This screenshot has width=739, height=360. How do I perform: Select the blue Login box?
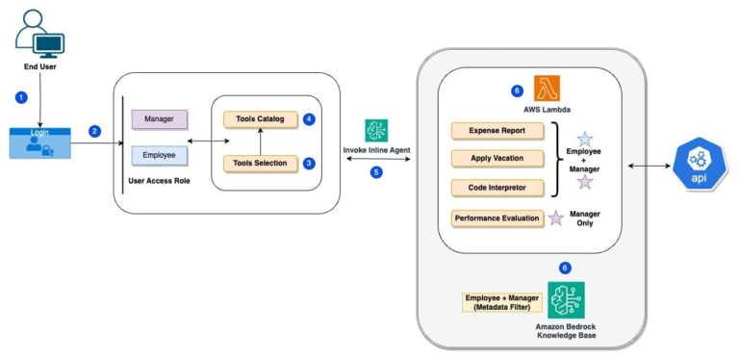coord(38,141)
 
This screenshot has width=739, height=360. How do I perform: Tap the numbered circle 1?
coord(21,97)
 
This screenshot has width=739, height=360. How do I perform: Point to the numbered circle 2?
coord(94,131)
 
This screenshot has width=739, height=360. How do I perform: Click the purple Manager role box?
coord(159,119)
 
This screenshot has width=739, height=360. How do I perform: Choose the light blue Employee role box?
coord(159,155)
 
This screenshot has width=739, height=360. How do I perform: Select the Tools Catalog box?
coord(258,119)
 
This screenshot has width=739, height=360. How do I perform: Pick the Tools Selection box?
coord(258,163)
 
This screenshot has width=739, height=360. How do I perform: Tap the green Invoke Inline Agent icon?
coord(376,131)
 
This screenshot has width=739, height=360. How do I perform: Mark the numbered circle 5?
coord(376,172)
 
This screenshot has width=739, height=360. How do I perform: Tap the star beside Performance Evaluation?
coord(555,219)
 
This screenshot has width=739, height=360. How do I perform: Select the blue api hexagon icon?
coord(696,166)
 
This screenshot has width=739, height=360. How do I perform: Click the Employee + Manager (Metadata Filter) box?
coord(502,301)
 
